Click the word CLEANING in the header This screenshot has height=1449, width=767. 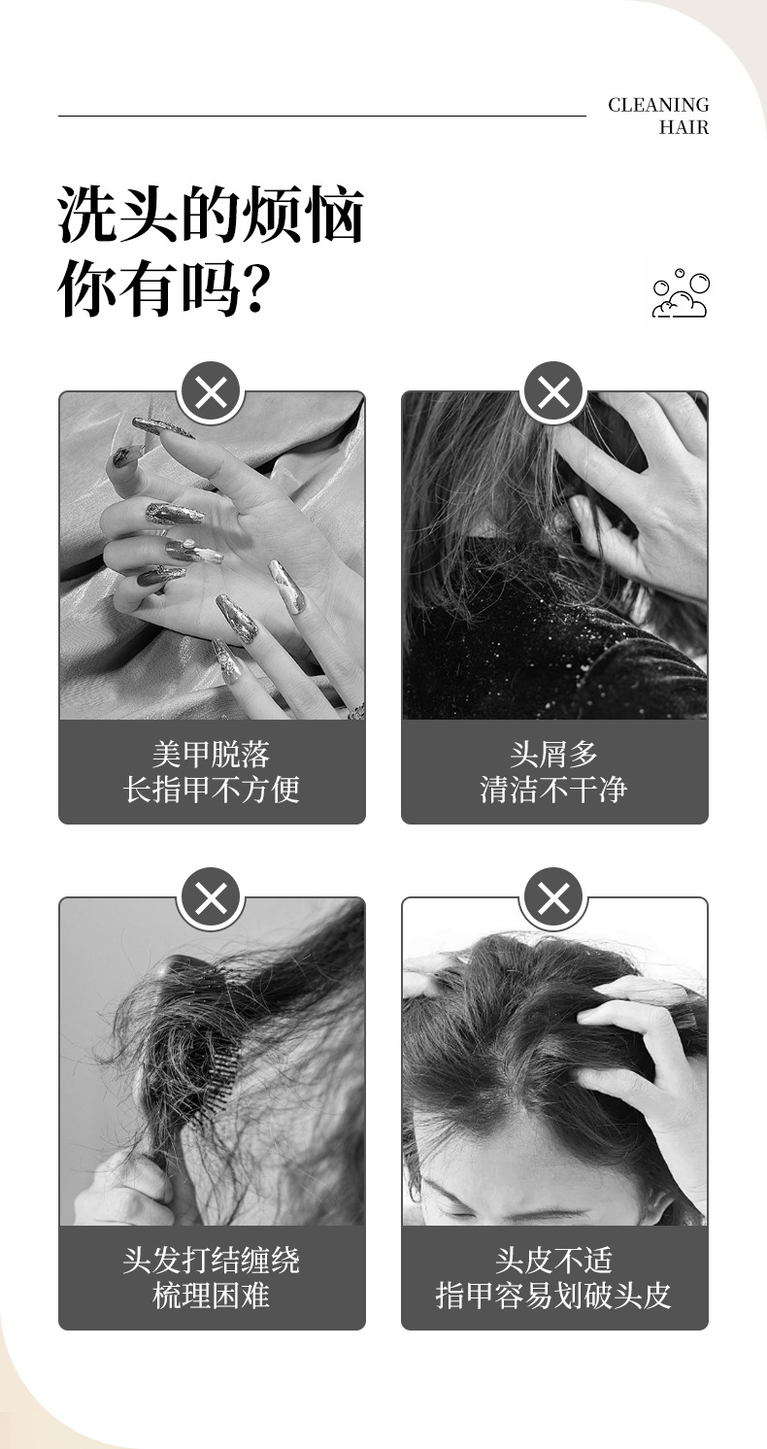point(658,105)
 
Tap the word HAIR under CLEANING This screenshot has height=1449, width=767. point(684,127)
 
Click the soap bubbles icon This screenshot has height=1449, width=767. point(681,293)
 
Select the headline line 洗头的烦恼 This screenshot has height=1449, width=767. point(212,215)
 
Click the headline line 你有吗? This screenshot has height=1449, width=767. point(164,287)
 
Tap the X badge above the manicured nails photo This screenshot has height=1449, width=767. point(212,392)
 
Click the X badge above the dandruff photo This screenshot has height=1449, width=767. point(554,392)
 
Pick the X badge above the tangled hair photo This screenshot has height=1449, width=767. point(212,898)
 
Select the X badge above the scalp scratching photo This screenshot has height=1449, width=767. point(554,898)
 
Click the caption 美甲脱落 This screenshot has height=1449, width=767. point(212,755)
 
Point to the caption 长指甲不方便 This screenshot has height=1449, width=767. point(212,790)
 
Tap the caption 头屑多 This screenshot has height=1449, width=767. point(554,755)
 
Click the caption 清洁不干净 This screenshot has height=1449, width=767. point(554,790)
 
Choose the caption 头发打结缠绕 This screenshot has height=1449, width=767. point(212,1261)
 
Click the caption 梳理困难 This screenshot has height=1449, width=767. point(212,1295)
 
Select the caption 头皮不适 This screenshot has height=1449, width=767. point(554,1261)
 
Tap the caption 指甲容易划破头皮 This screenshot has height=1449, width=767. point(554,1295)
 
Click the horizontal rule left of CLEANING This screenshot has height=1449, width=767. point(322,117)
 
